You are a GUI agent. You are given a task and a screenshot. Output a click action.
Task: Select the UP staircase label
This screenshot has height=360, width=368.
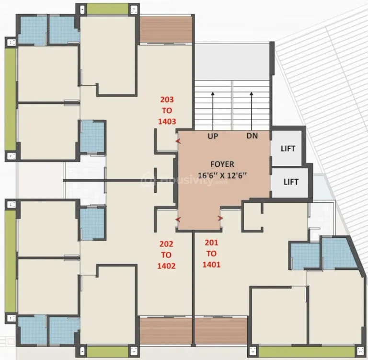point(213,136)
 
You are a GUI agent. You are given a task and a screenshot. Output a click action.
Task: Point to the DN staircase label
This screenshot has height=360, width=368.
point(252,136)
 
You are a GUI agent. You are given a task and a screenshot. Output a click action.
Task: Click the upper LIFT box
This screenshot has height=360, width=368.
point(288,148)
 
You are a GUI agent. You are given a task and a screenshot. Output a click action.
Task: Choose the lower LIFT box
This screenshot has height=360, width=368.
point(291,182)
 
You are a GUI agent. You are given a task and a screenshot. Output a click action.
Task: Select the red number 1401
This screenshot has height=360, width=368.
point(211,264)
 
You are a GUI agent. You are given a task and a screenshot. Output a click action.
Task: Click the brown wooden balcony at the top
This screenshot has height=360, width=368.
point(165,30)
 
